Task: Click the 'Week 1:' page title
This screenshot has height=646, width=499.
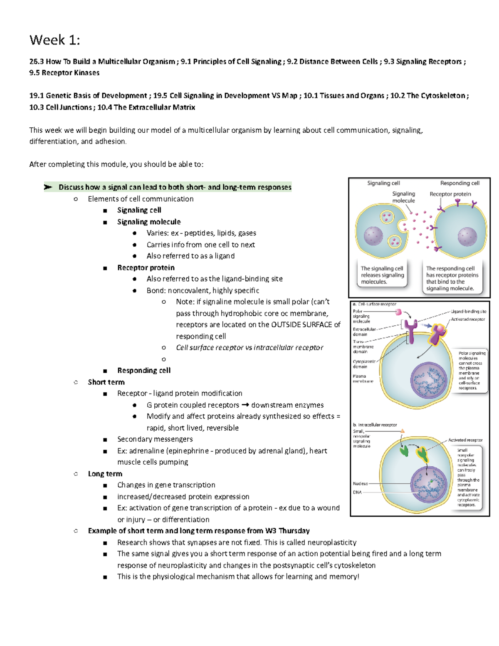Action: tap(54, 40)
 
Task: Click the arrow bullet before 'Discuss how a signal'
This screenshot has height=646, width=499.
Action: tap(48, 187)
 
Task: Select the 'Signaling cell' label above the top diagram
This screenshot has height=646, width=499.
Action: tap(383, 183)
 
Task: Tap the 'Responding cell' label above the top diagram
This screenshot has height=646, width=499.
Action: tap(459, 183)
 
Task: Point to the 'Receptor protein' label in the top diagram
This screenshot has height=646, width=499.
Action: tap(450, 194)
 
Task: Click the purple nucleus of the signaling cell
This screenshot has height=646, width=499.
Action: tap(373, 236)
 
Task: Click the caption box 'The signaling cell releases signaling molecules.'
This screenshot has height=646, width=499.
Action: tap(382, 275)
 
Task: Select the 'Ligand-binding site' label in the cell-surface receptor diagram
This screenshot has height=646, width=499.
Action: tap(469, 311)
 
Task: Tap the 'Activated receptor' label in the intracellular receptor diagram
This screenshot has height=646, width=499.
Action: tap(465, 440)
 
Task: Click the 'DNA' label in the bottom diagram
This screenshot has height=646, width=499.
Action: tap(357, 492)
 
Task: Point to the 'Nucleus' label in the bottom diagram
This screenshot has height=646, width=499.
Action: tap(360, 483)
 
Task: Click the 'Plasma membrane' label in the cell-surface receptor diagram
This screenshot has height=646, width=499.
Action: tap(363, 379)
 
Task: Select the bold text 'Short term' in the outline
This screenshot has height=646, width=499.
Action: tap(106, 382)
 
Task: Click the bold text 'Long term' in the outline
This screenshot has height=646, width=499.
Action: tap(105, 474)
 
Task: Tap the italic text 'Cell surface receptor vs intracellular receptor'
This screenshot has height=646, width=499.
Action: tap(249, 347)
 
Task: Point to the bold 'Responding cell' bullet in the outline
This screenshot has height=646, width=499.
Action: tap(143, 370)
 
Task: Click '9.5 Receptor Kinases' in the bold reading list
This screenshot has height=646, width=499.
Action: tap(64, 73)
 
